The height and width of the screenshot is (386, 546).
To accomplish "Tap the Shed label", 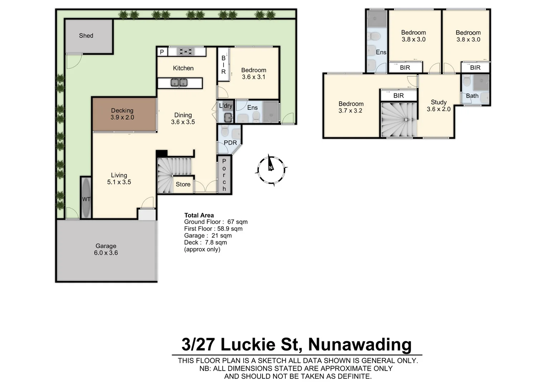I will pyautogui.click(x=86, y=36).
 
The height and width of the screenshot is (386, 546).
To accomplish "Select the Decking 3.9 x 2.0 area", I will pyautogui.click(x=122, y=114).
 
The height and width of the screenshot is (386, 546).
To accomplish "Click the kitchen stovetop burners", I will pyautogui.click(x=186, y=52).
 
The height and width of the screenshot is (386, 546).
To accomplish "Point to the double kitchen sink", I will pyautogui.click(x=179, y=83).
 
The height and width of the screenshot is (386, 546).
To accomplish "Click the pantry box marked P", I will pyautogui.click(x=162, y=52).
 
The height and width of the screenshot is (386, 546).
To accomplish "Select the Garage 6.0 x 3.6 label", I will pyautogui.click(x=106, y=249).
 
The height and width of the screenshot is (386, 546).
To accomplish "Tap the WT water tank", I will pyautogui.click(x=86, y=199).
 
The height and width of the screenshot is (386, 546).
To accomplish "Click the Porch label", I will pyautogui.click(x=224, y=175).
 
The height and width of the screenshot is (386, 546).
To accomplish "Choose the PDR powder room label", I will pyautogui.click(x=230, y=143).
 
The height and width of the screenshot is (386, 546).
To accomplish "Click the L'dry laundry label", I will pyautogui.click(x=226, y=106).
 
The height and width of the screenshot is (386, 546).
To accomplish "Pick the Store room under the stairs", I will pyautogui.click(x=183, y=184).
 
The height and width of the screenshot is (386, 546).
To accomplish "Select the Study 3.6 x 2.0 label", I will pyautogui.click(x=439, y=106).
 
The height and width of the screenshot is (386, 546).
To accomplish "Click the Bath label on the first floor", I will pyautogui.click(x=472, y=96).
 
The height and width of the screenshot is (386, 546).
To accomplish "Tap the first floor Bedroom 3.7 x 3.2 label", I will pyautogui.click(x=351, y=107).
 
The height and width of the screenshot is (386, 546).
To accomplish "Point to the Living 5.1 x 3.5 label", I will pyautogui.click(x=119, y=179).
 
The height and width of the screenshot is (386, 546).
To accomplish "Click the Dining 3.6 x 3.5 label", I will pyautogui.click(x=183, y=118).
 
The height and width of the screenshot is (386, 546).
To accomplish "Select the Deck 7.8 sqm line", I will pyautogui.click(x=206, y=242).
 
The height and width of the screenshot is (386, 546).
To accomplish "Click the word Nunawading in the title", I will pyautogui.click(x=360, y=344).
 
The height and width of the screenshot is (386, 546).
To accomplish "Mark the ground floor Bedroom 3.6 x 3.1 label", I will pyautogui.click(x=254, y=74).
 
